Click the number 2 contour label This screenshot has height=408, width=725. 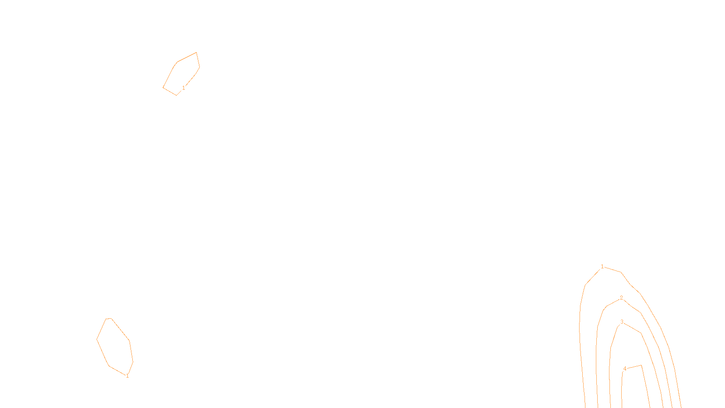click(621, 298)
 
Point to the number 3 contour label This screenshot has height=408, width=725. click(622, 322)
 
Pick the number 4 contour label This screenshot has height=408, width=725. click(624, 369)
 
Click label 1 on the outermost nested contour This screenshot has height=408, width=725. click(602, 267)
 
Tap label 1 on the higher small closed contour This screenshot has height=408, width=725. click(184, 88)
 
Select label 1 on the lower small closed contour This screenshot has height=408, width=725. click(127, 376)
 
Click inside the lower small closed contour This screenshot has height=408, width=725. click(115, 345)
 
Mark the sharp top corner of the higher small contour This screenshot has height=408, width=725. click(196, 53)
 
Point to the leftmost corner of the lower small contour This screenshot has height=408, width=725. click(97, 339)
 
